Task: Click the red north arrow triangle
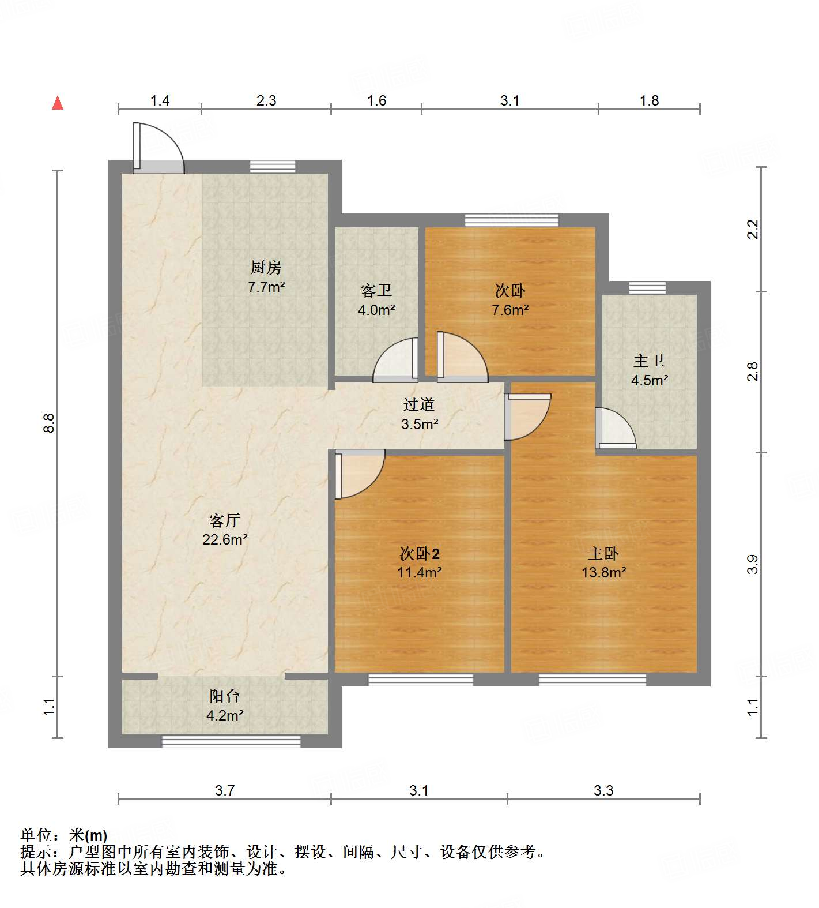[x=58, y=103]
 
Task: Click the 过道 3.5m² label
[x=419, y=414]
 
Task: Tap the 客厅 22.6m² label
[x=225, y=530]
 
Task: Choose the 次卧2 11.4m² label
[x=420, y=563]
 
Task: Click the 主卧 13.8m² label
[x=603, y=563]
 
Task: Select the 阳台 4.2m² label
[x=225, y=706]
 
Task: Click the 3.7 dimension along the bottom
[x=225, y=790]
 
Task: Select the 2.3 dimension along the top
[x=266, y=101]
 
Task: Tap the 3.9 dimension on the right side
[x=753, y=564]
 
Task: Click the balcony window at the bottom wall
[x=231, y=742]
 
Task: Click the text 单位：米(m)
[x=64, y=835]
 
